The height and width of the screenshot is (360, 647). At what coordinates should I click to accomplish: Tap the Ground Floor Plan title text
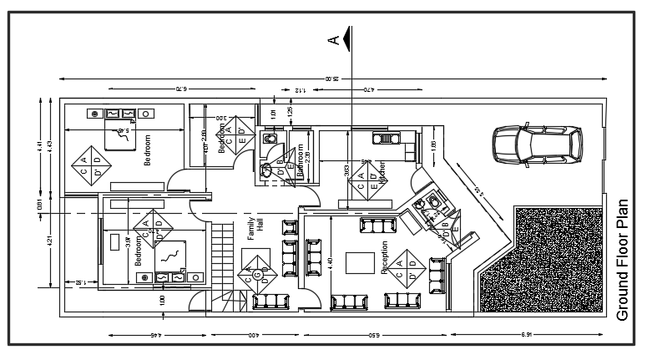[622, 260]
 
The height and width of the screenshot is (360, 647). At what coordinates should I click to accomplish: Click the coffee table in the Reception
[361, 261]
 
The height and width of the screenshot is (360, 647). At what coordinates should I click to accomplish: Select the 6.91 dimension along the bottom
[526, 336]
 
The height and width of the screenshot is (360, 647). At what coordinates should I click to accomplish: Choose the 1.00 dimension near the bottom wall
[162, 298]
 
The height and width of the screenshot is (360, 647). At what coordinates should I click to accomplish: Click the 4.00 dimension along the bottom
[254, 336]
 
